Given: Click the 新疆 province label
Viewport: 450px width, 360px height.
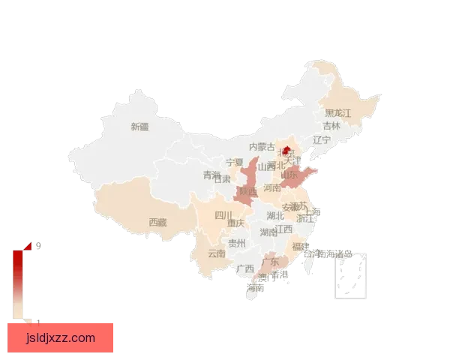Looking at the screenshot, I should pyautogui.click(x=139, y=127).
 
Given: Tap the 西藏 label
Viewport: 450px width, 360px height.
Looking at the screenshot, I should pyautogui.click(x=157, y=222).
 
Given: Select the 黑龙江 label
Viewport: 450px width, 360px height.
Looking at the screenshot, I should pyautogui.click(x=337, y=112).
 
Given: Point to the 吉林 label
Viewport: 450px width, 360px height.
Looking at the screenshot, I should pyautogui.click(x=331, y=126).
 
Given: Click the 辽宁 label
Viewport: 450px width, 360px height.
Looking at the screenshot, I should pyautogui.click(x=322, y=139).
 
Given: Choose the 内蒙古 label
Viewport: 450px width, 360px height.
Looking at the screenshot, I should pyautogui.click(x=262, y=147).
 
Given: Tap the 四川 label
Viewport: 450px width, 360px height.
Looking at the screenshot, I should pyautogui.click(x=223, y=215).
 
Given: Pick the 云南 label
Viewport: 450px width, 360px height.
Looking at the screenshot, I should pyautogui.click(x=216, y=253).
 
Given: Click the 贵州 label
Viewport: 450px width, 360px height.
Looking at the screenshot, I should pyautogui.click(x=237, y=243).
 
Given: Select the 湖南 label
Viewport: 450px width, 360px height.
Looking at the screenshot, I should pyautogui.click(x=268, y=232).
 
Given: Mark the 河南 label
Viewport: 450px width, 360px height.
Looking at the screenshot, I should pyautogui.click(x=272, y=188).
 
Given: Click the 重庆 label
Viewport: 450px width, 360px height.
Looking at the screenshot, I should pyautogui.click(x=236, y=223).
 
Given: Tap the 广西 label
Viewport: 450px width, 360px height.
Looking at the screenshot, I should pyautogui.click(x=244, y=268).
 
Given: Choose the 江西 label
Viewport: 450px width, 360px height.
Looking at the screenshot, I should pyautogui.click(x=284, y=229).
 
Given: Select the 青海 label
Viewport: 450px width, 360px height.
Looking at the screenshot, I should pyautogui.click(x=211, y=175).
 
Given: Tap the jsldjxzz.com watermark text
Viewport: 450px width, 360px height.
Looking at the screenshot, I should pyautogui.click(x=60, y=337).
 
